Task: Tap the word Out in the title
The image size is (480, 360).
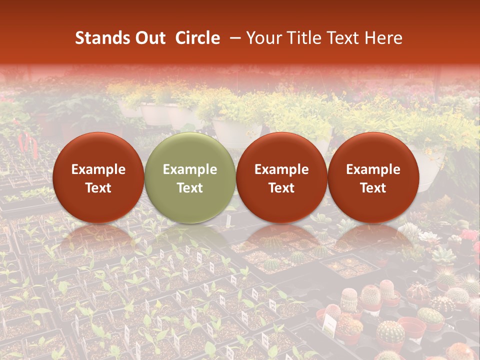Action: tap(150, 38)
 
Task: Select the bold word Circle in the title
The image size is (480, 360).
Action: tap(197, 38)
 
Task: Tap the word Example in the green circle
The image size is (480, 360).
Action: tap(190, 169)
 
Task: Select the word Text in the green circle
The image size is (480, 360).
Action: tap(190, 188)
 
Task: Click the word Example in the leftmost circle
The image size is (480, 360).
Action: tap(98, 169)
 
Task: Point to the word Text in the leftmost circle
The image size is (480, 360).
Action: tap(98, 188)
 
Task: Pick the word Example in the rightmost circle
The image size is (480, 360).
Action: tap(373, 169)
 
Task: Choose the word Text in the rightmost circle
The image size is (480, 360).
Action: tap(373, 188)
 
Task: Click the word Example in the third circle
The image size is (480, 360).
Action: tap(281, 169)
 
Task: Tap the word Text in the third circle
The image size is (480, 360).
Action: tap(281, 188)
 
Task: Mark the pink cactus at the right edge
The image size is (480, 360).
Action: tap(468, 235)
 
